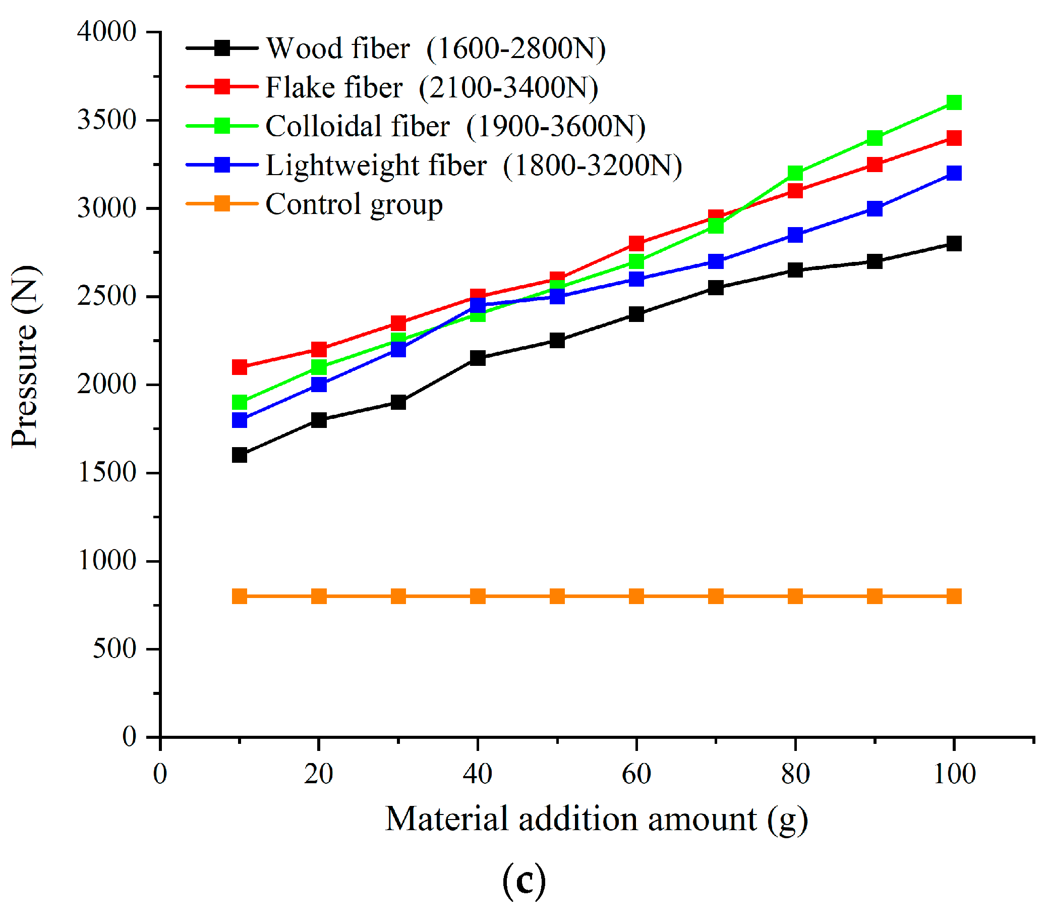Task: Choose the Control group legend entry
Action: (354, 204)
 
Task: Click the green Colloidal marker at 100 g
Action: (954, 102)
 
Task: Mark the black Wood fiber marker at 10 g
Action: (240, 455)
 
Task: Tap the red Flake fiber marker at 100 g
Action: (954, 138)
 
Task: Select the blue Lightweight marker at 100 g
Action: (954, 173)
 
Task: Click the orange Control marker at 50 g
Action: (557, 596)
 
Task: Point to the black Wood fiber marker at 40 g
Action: (478, 358)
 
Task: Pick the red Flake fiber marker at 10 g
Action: (240, 367)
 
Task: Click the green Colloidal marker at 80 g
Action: (795, 173)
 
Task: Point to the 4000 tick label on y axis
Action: (106, 32)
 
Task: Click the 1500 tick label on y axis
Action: (106, 472)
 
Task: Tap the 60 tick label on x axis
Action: (636, 774)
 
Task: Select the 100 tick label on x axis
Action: (954, 774)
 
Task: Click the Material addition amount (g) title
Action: (596, 820)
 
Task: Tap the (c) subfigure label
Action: (523, 881)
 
